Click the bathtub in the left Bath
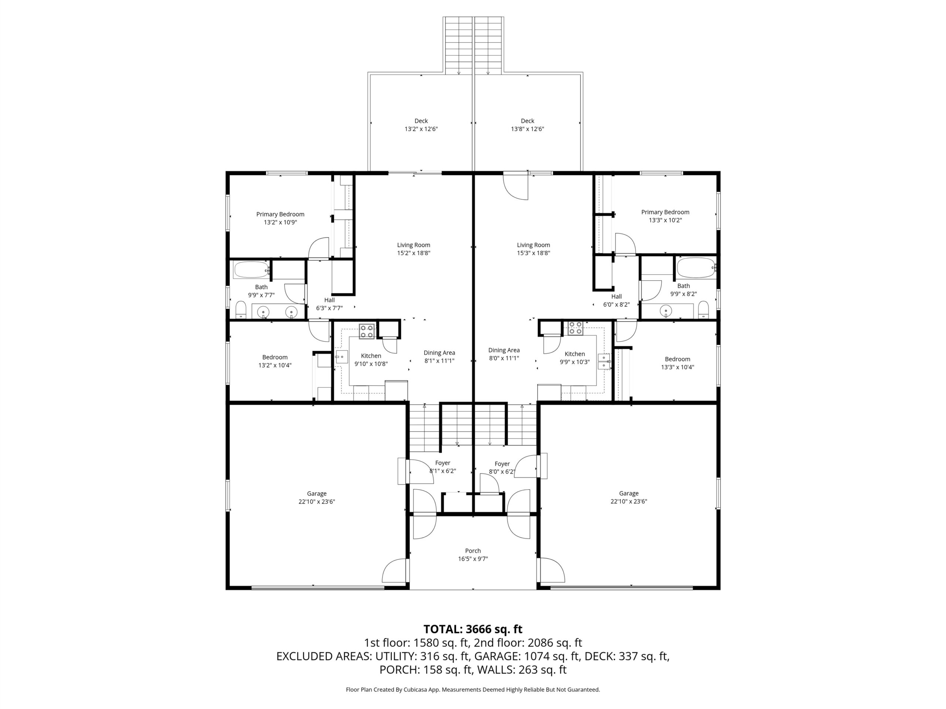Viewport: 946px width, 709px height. [x=251, y=270]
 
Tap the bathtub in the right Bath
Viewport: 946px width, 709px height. [x=696, y=268]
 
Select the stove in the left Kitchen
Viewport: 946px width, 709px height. [x=367, y=331]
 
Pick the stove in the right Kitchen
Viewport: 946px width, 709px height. [x=575, y=328]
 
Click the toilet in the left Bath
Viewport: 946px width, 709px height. [x=241, y=310]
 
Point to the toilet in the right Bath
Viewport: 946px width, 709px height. [x=704, y=309]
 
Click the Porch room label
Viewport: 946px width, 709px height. [x=473, y=551]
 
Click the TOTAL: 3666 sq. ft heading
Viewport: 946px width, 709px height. [x=473, y=629]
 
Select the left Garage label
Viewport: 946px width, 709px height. [x=316, y=494]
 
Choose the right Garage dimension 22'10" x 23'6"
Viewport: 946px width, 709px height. [x=629, y=502]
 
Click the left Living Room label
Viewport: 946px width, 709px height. [x=414, y=245]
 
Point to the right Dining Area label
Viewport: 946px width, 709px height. [x=504, y=350]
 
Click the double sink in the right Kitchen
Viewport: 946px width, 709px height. [x=604, y=362]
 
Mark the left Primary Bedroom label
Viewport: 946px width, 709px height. [x=280, y=214]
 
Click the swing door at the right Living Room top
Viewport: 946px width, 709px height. [x=516, y=186]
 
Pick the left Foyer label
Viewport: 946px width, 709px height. [x=443, y=463]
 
